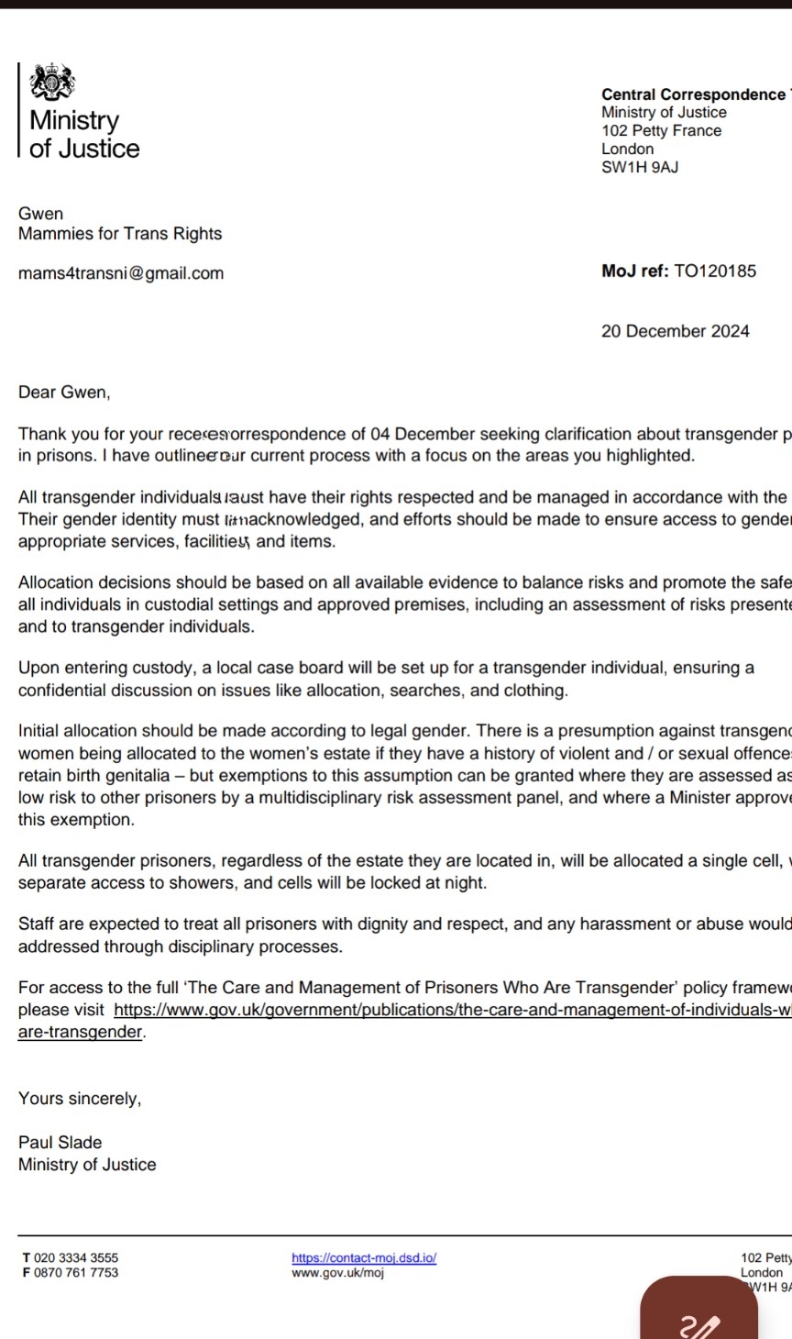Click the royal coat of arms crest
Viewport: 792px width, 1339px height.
(x=51, y=83)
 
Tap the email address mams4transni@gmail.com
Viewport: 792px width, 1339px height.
(x=121, y=273)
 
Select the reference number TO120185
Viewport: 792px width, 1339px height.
(x=715, y=271)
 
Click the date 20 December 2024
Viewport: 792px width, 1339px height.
(x=675, y=331)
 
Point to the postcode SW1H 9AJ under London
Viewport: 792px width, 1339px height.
(x=640, y=167)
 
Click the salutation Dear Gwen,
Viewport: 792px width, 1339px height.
(x=64, y=393)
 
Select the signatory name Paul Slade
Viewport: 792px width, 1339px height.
(x=60, y=1142)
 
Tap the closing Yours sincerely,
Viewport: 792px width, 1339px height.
(x=80, y=1098)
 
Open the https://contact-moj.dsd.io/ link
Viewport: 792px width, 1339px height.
(x=364, y=1258)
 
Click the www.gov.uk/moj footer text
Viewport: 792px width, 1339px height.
(x=337, y=1273)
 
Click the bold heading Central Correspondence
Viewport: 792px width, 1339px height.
(x=693, y=94)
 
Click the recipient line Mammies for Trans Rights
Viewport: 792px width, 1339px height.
(x=120, y=234)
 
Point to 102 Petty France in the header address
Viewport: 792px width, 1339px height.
(x=661, y=130)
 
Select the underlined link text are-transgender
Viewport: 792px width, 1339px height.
(x=81, y=1032)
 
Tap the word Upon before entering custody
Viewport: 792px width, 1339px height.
(x=38, y=668)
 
